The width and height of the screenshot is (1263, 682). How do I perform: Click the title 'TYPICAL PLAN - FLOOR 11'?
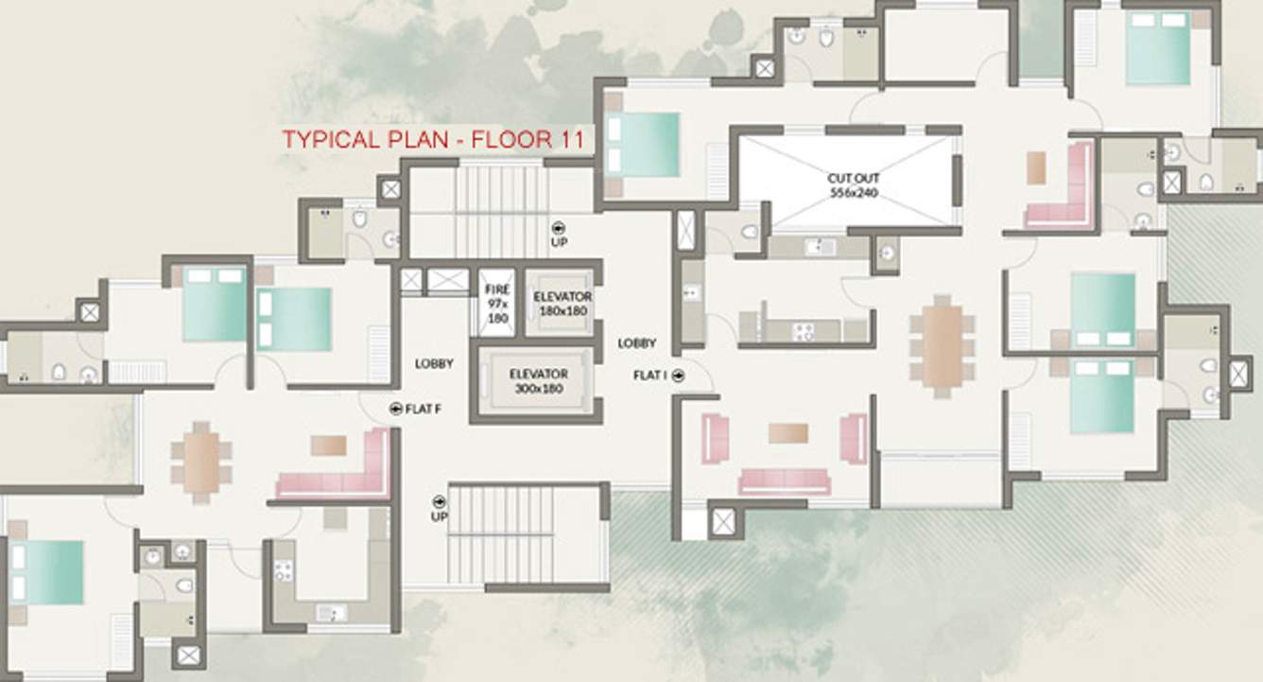pos(433,139)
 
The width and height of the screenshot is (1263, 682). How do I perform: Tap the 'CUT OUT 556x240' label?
pos(853,185)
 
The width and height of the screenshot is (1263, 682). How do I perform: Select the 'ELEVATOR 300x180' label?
pos(539,381)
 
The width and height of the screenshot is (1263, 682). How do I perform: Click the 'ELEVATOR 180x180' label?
pos(562,304)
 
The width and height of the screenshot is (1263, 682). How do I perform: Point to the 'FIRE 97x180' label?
pos(497,304)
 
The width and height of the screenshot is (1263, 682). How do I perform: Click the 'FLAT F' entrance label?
pos(423,410)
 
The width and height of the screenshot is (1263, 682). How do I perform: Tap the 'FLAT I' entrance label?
pos(650,376)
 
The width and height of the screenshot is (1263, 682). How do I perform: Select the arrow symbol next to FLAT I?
pos(679,376)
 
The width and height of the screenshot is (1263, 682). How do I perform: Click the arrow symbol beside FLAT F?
pos(396,410)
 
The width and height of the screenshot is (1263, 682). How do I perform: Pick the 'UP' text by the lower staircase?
pos(440,516)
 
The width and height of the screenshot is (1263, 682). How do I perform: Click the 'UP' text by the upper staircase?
pos(559,242)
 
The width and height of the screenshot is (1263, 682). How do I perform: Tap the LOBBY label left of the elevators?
pos(434,364)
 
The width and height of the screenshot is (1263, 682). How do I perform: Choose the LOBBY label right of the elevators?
pos(636,343)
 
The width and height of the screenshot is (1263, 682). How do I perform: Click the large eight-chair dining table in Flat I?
pos(943,346)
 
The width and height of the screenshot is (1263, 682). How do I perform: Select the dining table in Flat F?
pos(201,463)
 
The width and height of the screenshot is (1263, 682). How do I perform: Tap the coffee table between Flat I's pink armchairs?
pos(788,433)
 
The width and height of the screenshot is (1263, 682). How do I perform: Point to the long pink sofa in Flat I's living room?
pos(785,481)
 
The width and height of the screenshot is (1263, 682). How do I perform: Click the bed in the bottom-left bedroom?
pos(46,573)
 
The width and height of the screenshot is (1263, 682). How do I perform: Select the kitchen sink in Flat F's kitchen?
pos(331,613)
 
